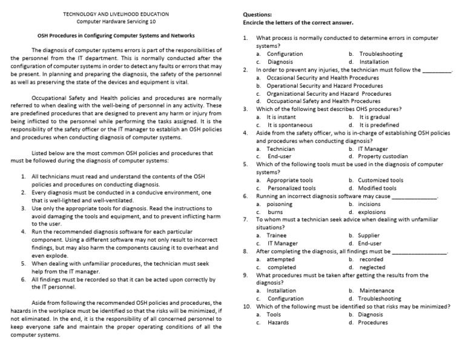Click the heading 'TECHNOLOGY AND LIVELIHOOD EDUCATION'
pos(116,13)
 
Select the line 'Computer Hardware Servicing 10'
pos(116,21)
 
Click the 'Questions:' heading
pos(257,14)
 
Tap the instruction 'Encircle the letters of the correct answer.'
pos(298,23)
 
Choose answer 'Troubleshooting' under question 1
pos(380,54)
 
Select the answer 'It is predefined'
pos(381,125)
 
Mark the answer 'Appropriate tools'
pos(290,180)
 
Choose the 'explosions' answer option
pos(372,212)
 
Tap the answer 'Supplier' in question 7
pos(369,235)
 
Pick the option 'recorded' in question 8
pos(371,259)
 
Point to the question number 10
pos(246,307)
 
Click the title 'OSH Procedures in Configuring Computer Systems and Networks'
pos(116,35)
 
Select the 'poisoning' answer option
pos(280,204)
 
